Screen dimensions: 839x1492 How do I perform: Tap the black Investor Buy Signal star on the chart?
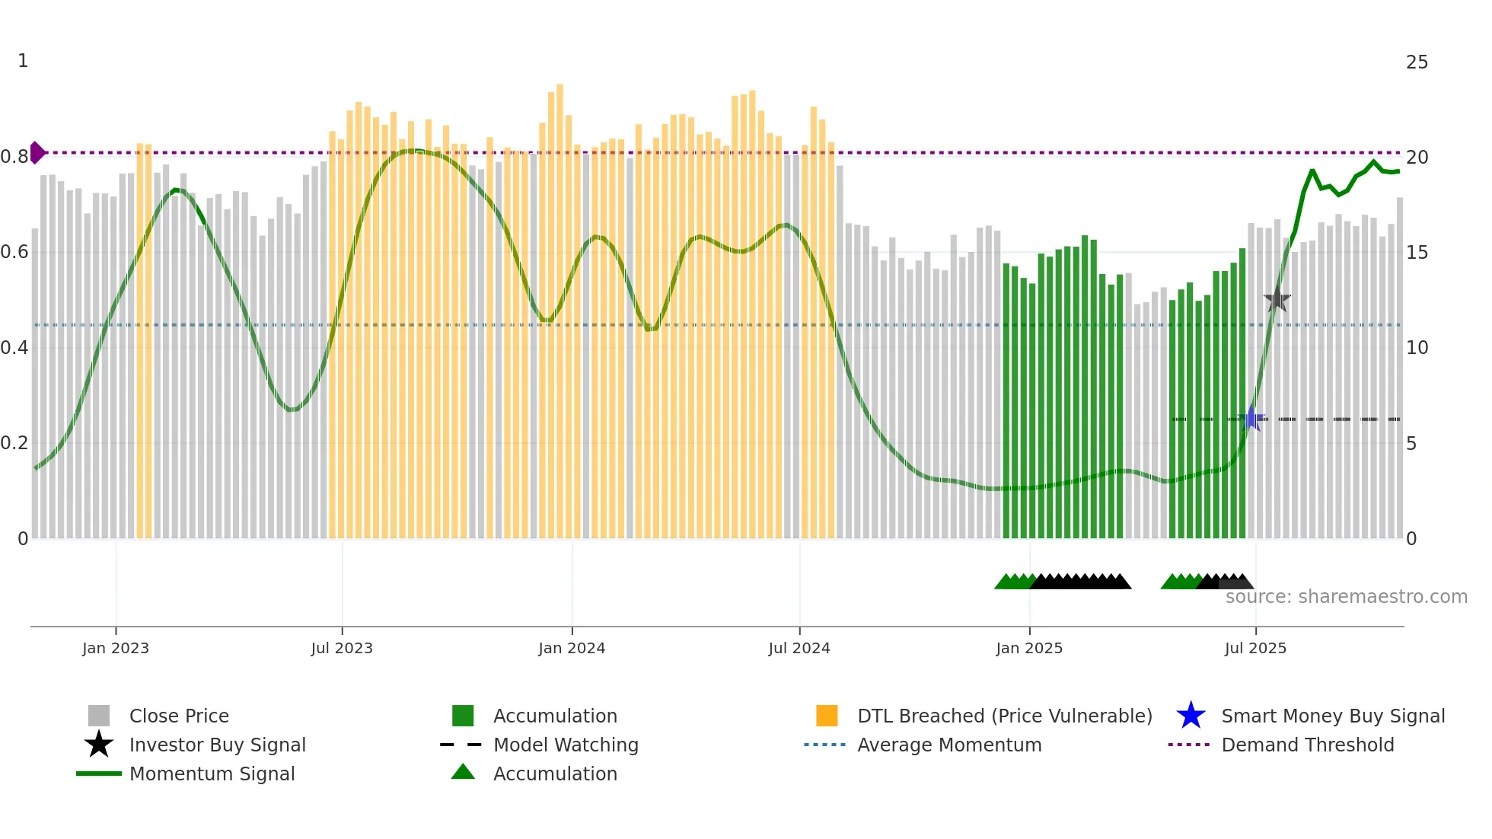[x=1277, y=300]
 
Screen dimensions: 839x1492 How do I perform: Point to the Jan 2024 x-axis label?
[x=572, y=648]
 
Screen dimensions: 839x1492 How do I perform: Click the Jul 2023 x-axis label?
[x=342, y=648]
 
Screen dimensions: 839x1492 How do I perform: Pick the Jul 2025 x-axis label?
[x=1255, y=648]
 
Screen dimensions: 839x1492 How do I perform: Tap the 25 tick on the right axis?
[x=1417, y=62]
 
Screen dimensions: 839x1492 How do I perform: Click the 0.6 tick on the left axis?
[x=14, y=252]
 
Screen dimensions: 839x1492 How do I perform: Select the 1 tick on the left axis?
[x=23, y=61]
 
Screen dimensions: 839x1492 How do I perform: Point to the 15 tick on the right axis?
[x=1417, y=253]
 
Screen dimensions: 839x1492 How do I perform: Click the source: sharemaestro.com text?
[x=1346, y=597]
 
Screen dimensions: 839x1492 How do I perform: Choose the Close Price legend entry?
[x=179, y=716]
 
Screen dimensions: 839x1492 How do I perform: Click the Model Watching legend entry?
[x=566, y=745]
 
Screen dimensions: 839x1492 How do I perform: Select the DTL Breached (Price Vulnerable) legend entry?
[x=1004, y=716]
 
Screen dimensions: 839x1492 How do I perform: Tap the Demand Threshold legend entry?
[x=1307, y=745]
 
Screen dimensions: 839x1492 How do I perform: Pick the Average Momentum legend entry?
[x=948, y=745]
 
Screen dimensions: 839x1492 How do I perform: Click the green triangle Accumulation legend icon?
[x=463, y=773]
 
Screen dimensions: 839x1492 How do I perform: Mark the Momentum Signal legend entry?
[x=212, y=774]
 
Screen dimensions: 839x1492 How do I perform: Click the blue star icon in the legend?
[x=1191, y=716]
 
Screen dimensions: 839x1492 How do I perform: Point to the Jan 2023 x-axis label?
[x=116, y=648]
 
